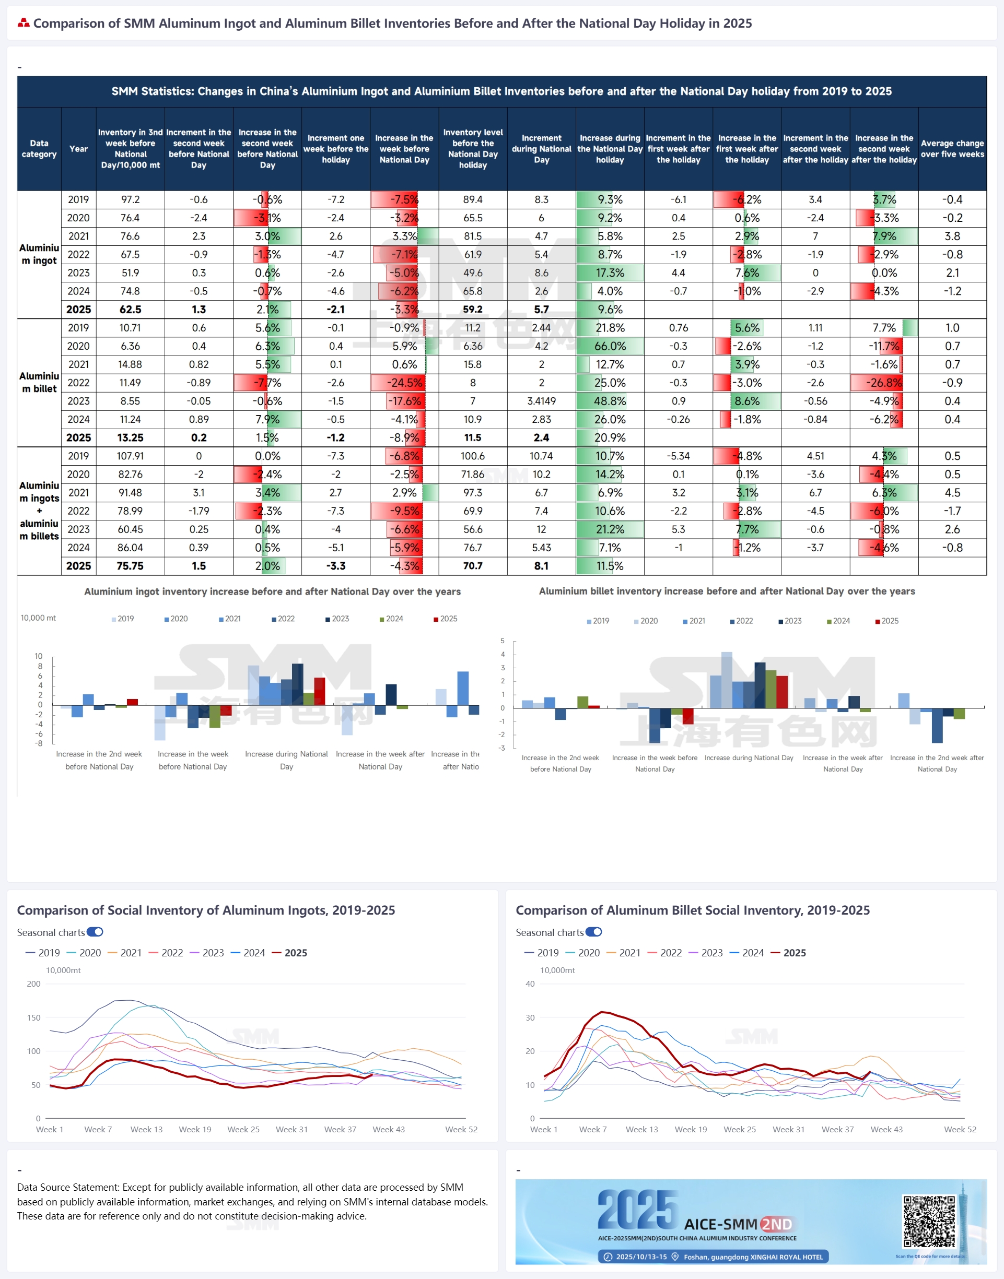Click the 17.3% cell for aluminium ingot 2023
[610, 273]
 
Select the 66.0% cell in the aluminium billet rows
[610, 346]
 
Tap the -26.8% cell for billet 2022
[883, 383]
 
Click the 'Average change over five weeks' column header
[952, 149]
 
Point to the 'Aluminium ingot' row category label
[39, 254]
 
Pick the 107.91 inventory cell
[130, 456]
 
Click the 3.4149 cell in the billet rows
[541, 401]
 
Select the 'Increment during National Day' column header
[541, 149]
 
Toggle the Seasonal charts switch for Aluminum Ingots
[95, 932]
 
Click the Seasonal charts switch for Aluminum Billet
[594, 932]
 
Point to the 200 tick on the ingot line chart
[33, 984]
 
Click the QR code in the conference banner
[929, 1221]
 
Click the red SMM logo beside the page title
[24, 23]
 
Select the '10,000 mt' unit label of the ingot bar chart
[38, 618]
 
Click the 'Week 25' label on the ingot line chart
[243, 1129]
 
